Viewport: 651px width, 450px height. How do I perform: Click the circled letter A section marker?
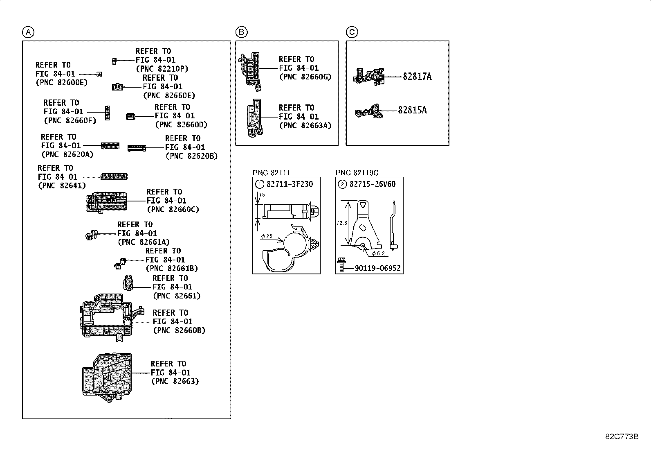(28, 32)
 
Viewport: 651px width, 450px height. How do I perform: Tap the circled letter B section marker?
(241, 32)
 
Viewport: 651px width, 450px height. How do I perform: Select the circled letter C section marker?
(352, 32)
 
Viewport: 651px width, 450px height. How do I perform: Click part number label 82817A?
(417, 77)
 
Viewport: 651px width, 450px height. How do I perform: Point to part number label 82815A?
(412, 110)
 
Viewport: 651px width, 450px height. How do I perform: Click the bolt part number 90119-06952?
(377, 268)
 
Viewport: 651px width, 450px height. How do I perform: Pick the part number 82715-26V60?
(373, 184)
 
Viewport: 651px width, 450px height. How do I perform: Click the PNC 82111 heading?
(271, 173)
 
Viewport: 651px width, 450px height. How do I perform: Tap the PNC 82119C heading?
(357, 173)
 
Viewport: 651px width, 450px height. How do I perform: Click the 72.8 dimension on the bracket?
(342, 223)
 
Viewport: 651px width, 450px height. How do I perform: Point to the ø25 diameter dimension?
(267, 236)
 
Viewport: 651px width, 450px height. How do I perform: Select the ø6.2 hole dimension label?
(378, 253)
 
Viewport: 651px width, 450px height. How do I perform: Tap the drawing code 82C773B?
(622, 436)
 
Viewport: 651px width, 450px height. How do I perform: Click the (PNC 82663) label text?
(175, 381)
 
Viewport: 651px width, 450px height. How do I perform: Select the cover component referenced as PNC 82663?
(107, 375)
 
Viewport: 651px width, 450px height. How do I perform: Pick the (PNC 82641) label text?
(62, 185)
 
